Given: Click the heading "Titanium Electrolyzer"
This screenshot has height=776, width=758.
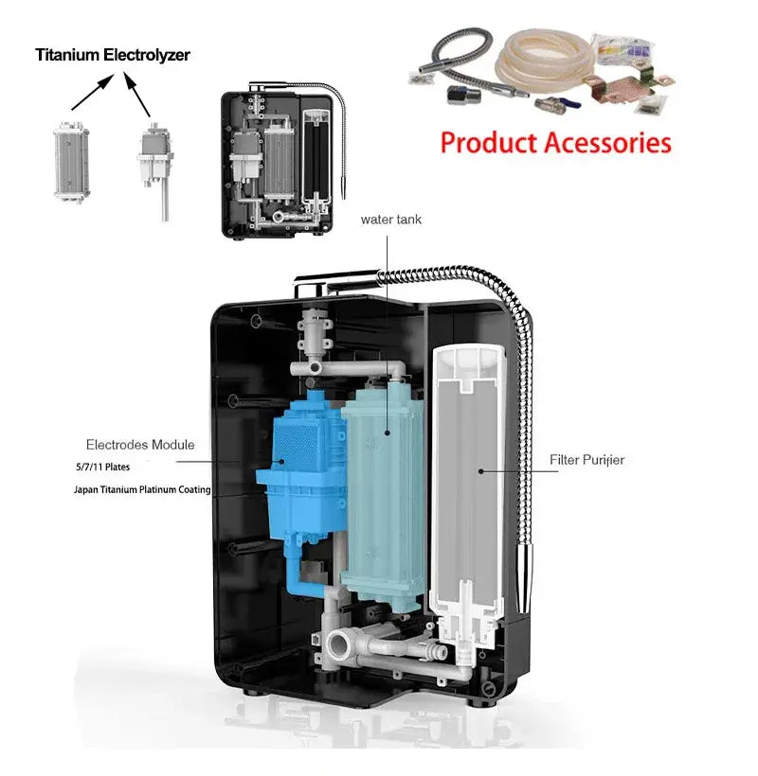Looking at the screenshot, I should tap(113, 55).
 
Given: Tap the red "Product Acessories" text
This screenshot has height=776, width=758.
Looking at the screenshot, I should tap(556, 143).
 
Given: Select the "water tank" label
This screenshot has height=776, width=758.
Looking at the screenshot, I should tap(390, 220).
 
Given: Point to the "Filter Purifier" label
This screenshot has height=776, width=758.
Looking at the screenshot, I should tap(587, 460).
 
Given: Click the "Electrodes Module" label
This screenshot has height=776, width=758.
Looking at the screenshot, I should tap(140, 444).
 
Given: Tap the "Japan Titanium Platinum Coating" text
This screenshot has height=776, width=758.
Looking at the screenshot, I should tap(142, 490).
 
